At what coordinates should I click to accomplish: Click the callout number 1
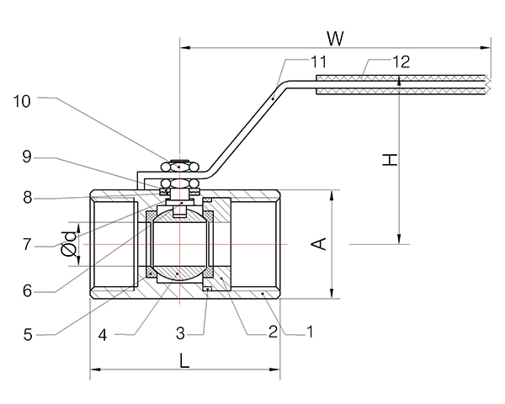pos(310,332)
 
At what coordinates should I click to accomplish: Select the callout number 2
pos(273,332)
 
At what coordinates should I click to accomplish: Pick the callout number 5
pos(28,334)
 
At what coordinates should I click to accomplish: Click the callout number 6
pos(27,290)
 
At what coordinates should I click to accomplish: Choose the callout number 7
pos(27,245)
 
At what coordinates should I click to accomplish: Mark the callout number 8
pos(27,199)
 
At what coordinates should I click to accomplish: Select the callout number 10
pos(23,101)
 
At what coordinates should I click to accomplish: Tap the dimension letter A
pos(318,243)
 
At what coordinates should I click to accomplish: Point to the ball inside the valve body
pos(179,245)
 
